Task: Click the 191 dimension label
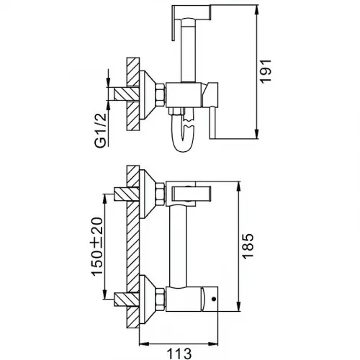[x=266, y=71]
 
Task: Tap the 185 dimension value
[x=248, y=246]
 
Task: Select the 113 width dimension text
[x=179, y=354]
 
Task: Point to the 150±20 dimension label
[x=97, y=247]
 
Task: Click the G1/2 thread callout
[x=101, y=130]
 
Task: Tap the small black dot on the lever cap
[x=214, y=299]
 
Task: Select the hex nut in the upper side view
[x=161, y=95]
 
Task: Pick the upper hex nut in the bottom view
[x=161, y=194]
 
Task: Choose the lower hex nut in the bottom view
[x=161, y=300]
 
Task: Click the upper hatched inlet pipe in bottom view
[x=127, y=194]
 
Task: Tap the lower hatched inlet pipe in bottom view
[x=127, y=300]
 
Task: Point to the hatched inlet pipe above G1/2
[x=127, y=94]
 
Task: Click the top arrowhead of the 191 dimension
[x=257, y=9]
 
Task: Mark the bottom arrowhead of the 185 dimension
[x=238, y=307]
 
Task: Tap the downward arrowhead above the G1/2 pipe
[x=108, y=82]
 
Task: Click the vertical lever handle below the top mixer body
[x=213, y=122]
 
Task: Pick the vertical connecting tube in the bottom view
[x=178, y=246]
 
